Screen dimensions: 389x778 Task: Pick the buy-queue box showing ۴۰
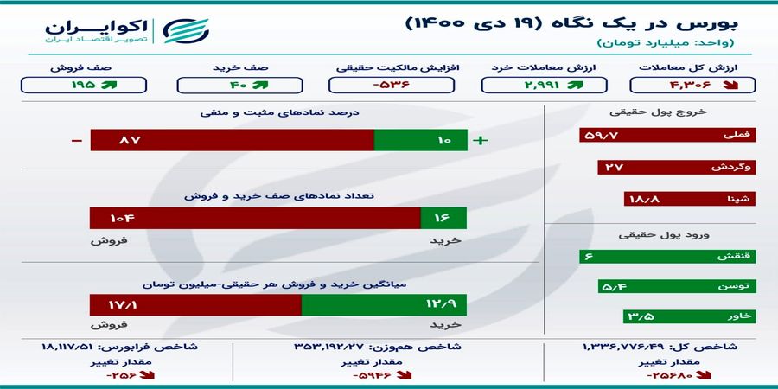[x=235, y=85]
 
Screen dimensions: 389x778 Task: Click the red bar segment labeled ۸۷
[x=231, y=140]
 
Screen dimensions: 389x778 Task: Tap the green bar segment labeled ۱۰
[x=420, y=140]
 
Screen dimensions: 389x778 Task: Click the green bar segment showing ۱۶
[x=443, y=220]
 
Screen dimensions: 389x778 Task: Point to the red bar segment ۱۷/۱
[x=194, y=305]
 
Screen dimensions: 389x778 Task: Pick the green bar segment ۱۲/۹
[x=384, y=305]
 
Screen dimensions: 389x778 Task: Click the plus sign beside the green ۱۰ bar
[x=481, y=140]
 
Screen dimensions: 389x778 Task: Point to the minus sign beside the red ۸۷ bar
[x=77, y=140]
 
